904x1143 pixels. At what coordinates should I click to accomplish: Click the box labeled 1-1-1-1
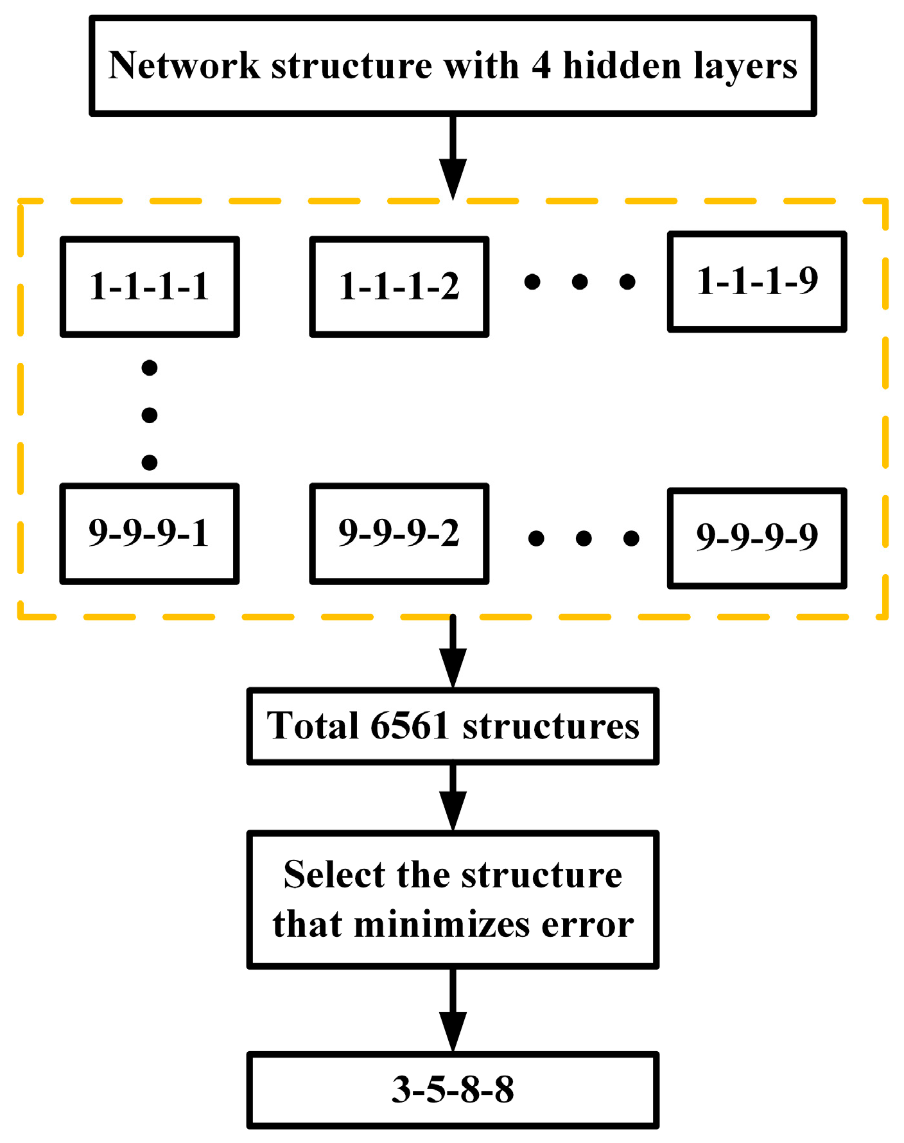(150, 286)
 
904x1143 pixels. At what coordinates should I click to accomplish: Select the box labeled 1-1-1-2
(399, 286)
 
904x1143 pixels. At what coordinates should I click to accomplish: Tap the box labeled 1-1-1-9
(757, 281)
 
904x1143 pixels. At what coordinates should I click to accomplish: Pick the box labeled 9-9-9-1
(150, 534)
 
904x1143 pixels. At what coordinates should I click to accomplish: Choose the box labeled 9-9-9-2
(399, 534)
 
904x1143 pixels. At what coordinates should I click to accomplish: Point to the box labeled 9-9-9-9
(757, 537)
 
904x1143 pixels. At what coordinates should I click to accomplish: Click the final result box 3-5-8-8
(453, 1090)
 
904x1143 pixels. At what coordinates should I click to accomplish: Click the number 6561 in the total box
(409, 726)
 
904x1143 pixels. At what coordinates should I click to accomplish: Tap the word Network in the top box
(184, 65)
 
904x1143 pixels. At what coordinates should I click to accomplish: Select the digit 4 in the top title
(541, 65)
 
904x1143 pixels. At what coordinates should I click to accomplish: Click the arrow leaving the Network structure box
(453, 157)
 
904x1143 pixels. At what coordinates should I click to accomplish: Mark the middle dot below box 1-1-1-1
(150, 415)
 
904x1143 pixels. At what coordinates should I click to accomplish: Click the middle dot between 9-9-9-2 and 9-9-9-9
(584, 538)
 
